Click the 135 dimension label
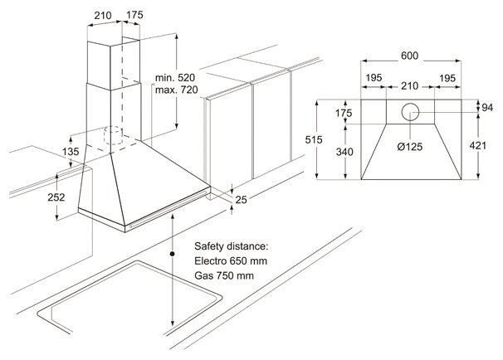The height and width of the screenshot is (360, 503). click(72, 152)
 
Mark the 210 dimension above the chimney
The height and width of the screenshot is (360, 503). click(103, 14)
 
